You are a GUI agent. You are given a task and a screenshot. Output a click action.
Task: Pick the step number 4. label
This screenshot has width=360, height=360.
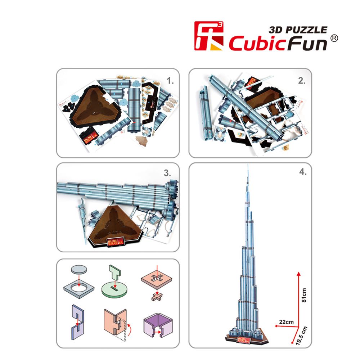303,172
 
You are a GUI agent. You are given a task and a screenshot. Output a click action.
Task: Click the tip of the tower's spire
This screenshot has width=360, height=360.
248,165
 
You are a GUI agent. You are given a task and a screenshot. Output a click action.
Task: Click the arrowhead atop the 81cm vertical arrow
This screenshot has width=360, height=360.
298,273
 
